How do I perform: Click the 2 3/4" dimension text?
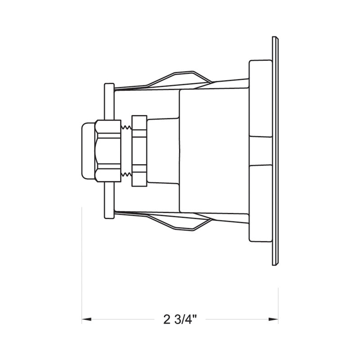pos(180,319)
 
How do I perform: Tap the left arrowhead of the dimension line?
pos(86,319)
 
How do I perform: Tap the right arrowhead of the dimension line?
pos(274,319)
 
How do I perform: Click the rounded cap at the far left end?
pos(88,151)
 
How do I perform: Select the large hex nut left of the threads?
pos(108,151)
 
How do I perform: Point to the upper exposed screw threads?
pos(126,127)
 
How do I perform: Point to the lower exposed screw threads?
pos(126,175)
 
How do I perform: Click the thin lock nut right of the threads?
pos(139,151)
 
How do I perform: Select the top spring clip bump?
pos(179,77)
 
